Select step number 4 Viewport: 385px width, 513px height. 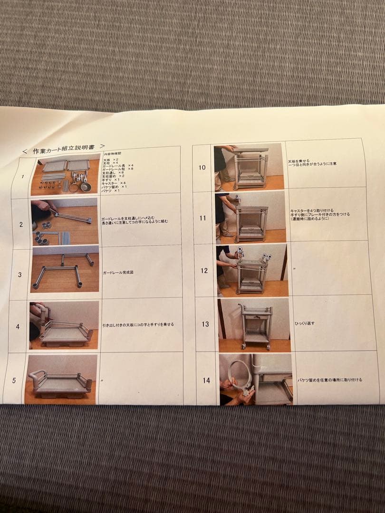[x=18, y=327]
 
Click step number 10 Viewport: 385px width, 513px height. [x=202, y=167]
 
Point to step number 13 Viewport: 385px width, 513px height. [x=205, y=324]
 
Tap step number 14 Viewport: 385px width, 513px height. [x=206, y=380]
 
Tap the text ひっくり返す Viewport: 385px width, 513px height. [x=305, y=323]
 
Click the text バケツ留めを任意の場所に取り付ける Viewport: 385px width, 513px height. [x=329, y=380]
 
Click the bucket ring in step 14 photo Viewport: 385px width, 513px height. [x=236, y=373]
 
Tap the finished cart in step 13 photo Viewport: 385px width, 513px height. [x=256, y=326]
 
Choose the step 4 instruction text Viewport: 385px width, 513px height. [x=138, y=325]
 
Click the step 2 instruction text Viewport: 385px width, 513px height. [x=134, y=221]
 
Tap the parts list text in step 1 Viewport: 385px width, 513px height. [x=116, y=173]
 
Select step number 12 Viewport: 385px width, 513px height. [x=204, y=270]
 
